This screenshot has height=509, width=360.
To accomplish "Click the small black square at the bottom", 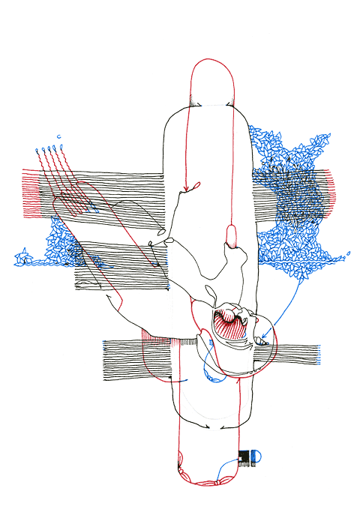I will (x=244, y=456).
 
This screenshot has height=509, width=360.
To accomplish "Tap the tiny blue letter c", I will (x=58, y=136).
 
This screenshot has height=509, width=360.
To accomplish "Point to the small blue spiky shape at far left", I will (x=22, y=259).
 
